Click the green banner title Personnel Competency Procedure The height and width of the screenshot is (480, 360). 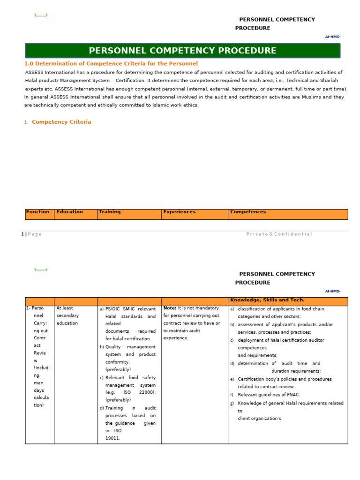182,51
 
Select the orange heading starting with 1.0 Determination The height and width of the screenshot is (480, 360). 111,64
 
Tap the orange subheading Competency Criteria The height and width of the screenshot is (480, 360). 61,122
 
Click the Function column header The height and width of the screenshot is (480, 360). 38,212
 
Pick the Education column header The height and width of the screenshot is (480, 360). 69,212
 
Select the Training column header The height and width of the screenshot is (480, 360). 110,212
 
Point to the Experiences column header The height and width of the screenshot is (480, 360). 179,212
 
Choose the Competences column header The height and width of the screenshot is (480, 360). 248,212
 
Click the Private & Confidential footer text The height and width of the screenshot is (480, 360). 279,234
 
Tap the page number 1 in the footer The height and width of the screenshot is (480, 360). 22,234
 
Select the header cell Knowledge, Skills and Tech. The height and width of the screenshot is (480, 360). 267,300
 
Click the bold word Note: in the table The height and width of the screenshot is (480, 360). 170,308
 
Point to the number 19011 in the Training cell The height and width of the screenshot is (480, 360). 113,438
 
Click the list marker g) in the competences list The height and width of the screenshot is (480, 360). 232,403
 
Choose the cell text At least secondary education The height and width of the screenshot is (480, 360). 67,316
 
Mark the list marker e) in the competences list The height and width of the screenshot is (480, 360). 232,379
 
